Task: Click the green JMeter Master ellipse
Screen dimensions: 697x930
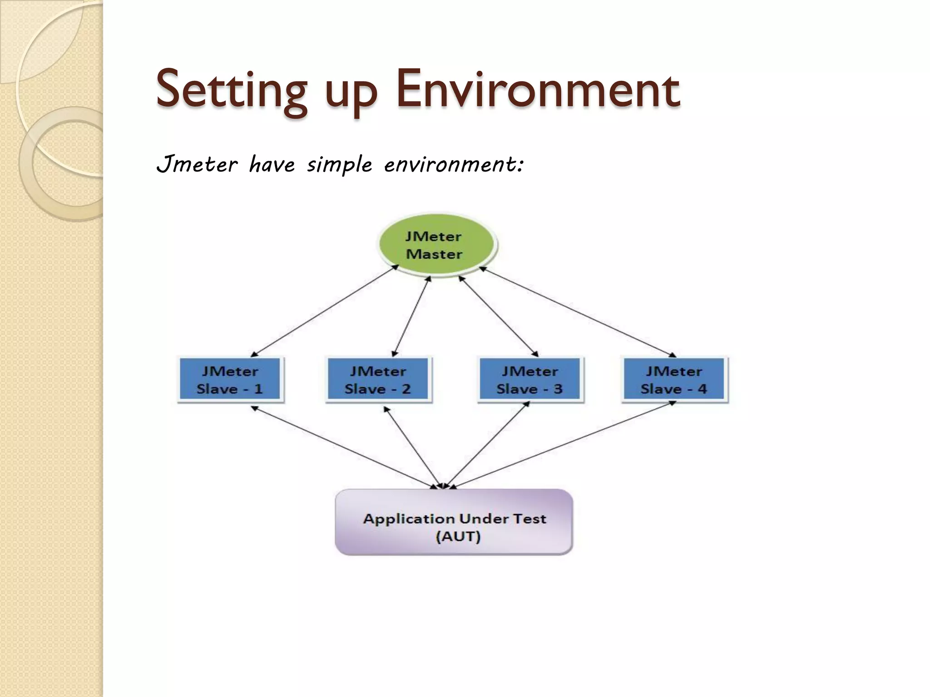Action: (436, 245)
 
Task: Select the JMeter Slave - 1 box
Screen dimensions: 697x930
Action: (230, 380)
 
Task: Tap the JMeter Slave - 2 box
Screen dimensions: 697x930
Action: (378, 380)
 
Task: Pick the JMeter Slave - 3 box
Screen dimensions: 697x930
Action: (529, 380)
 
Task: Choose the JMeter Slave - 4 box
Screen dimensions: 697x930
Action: (674, 380)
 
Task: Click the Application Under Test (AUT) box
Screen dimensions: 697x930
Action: (454, 522)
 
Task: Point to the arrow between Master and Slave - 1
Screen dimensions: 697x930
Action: (324, 311)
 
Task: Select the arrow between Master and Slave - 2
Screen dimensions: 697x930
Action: (411, 316)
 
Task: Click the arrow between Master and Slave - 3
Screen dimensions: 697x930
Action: (498, 316)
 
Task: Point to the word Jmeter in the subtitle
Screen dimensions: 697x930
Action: (197, 164)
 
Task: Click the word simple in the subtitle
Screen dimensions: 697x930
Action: (339, 165)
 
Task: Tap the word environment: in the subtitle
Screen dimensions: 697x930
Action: (454, 164)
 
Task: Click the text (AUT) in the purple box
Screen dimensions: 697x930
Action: (458, 536)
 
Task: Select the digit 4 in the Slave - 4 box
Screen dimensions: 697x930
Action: (702, 389)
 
